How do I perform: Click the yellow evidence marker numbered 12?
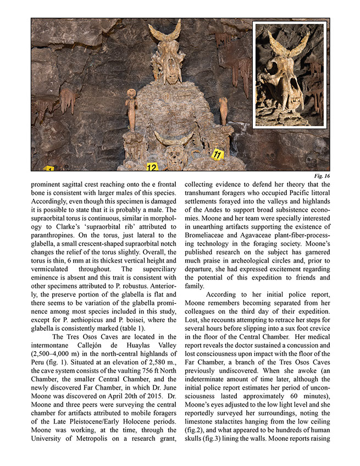pyautogui.click(x=152, y=167)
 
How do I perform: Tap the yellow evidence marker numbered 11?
pyautogui.click(x=218, y=154)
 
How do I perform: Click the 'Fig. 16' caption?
pyautogui.click(x=320, y=176)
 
